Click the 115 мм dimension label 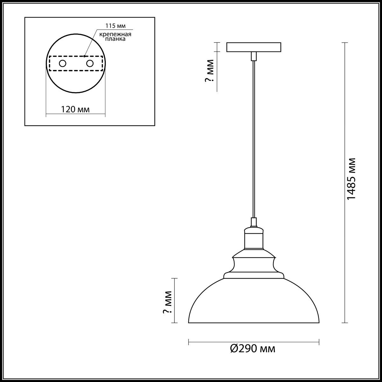coord(115,26)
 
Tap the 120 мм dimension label coord(75,109)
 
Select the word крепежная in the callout coord(115,34)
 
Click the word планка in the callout coord(115,39)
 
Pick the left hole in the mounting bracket coord(63,64)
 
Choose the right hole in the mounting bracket coord(90,64)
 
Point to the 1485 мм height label coord(352,179)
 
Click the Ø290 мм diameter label coord(252,354)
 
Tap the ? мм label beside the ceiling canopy coord(209,71)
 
